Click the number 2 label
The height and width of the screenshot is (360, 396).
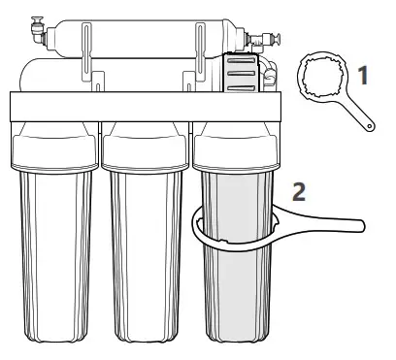pos(301,190)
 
